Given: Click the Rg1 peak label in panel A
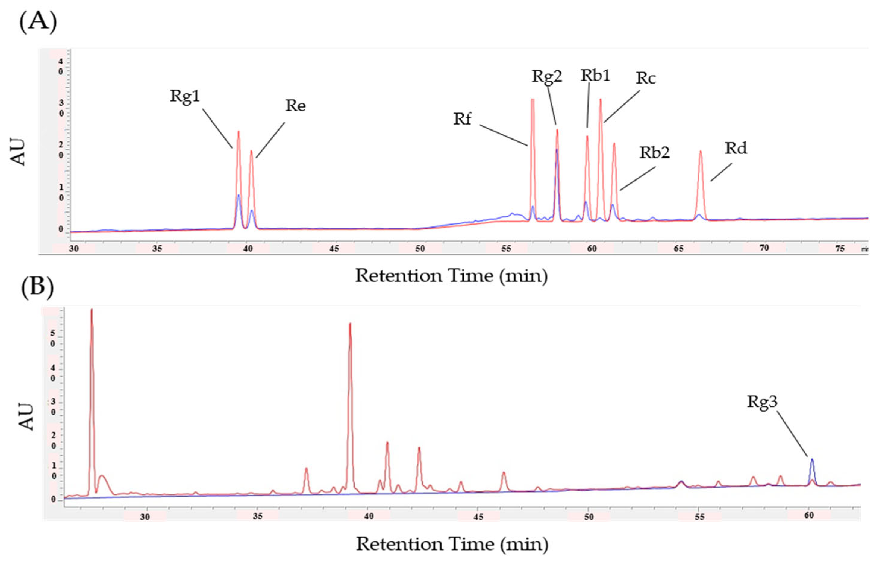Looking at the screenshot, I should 185,97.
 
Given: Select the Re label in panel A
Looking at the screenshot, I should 295,106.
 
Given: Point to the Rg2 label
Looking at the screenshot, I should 547,77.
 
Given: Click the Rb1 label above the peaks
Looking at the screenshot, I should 595,76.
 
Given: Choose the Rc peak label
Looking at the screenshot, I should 646,78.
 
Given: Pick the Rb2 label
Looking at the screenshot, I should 655,153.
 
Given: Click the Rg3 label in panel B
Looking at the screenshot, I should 762,402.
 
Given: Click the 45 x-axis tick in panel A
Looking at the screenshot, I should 334,249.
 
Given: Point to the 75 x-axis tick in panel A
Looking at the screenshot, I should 840,248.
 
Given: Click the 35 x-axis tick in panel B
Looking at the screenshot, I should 258,516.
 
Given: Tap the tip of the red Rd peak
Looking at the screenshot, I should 700,151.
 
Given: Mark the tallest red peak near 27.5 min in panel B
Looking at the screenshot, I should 92,310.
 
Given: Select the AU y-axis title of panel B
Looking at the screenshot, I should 26,416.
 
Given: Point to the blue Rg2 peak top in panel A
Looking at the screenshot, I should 557,150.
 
